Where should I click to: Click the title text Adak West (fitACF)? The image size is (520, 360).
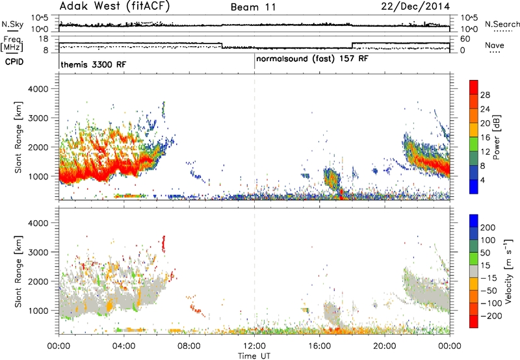pos(114,6)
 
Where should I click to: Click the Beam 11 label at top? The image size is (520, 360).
pos(253,7)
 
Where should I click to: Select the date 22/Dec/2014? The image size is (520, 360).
pos(415,6)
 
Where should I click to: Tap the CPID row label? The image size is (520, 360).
pos(14,62)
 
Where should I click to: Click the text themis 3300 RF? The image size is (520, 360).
pos(94,64)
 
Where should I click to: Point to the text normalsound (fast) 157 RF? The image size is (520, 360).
pos(312,58)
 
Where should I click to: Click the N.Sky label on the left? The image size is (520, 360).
pos(12,24)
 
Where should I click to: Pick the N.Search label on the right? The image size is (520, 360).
pos(502,24)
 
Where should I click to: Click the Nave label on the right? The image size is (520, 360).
pos(495,45)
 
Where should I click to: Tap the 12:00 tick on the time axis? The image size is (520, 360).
pos(254,346)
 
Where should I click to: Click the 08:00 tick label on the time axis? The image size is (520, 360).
pos(189,346)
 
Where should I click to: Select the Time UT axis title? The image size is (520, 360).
pos(254,356)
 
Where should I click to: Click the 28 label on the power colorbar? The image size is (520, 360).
pos(485,95)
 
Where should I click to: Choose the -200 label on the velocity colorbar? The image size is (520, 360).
pos(491,316)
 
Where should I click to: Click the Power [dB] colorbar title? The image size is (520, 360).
pos(497,137)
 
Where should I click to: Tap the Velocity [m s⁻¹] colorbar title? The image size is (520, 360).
pos(508,271)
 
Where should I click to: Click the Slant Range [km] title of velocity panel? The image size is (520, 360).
pos(18,272)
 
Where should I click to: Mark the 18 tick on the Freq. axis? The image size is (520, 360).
pos(44,39)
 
